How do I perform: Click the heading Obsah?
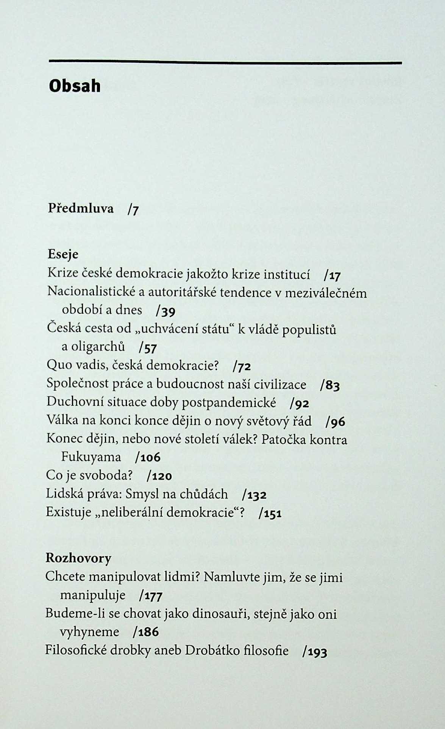point(75,86)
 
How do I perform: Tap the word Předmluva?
point(81,208)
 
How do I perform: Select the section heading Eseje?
point(63,254)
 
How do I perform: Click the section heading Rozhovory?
point(78,558)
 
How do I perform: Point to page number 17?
point(335,275)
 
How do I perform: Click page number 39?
point(169,311)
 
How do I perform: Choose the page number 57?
point(150,347)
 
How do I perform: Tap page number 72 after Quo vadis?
point(244,366)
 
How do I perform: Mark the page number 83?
point(332,385)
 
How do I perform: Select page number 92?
point(302,404)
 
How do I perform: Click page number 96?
point(337,422)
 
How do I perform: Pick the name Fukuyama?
point(91,457)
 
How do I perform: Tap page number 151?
point(273,513)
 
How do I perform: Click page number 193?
point(317,652)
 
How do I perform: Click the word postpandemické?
point(229,403)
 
